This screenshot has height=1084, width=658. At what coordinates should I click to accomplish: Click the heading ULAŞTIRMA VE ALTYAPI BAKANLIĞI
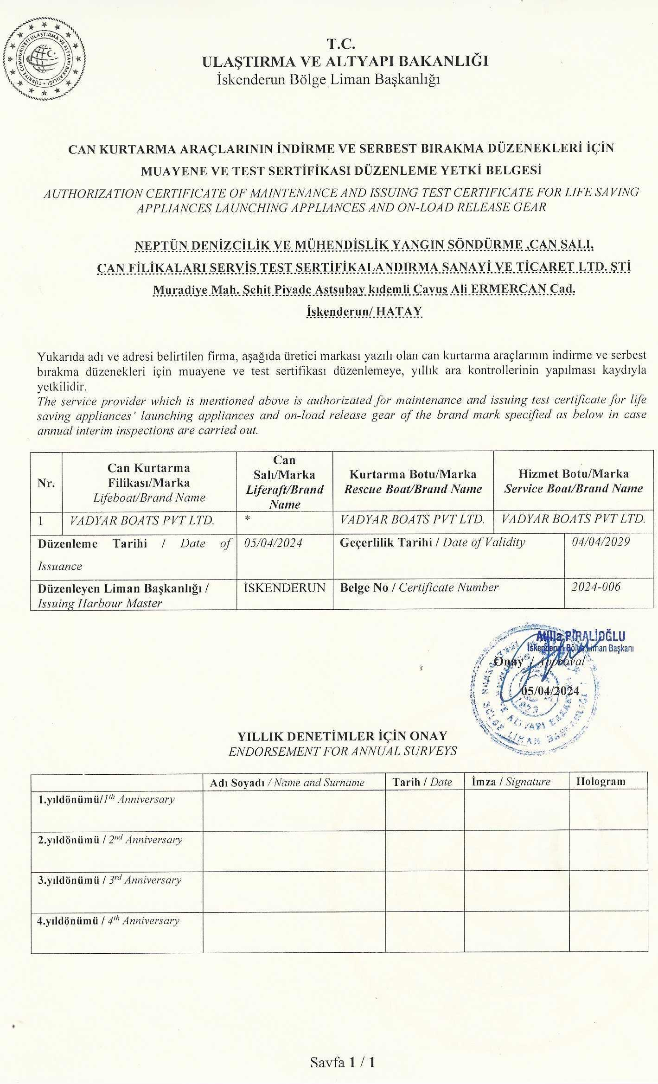[x=345, y=61]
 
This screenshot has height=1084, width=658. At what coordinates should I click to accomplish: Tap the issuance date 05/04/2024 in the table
[x=273, y=543]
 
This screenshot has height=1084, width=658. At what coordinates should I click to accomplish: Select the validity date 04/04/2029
[x=601, y=542]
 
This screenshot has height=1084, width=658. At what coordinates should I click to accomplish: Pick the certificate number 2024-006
[x=596, y=587]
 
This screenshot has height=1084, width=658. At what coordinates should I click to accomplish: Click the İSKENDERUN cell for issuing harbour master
[x=284, y=587]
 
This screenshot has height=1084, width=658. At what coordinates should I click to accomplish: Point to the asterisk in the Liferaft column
[x=248, y=520]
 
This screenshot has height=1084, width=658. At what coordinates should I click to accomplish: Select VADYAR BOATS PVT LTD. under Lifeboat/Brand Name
[x=142, y=520]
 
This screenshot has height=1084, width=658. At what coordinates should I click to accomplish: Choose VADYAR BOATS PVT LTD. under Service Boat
[x=573, y=519]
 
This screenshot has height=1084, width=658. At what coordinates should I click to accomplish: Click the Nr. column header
[x=46, y=483]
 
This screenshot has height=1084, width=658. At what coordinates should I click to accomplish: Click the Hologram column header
[x=601, y=781]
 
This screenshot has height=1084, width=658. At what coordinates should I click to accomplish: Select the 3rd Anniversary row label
[x=109, y=880]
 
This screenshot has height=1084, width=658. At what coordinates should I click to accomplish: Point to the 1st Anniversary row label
[x=106, y=799]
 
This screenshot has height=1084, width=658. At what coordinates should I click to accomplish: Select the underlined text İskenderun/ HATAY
[x=364, y=311]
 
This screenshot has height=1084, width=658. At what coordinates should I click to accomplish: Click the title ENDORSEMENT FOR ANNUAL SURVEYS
[x=343, y=751]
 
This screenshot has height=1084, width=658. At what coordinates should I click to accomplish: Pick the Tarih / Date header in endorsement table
[x=422, y=782]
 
